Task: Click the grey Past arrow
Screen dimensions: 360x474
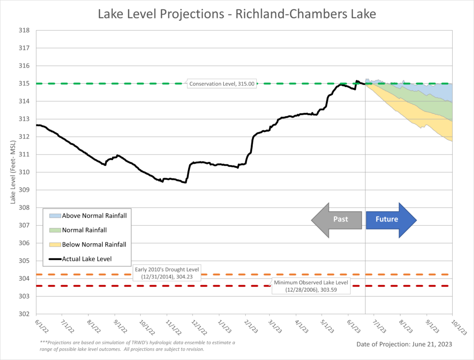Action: click(337, 219)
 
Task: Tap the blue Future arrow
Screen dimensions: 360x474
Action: click(391, 219)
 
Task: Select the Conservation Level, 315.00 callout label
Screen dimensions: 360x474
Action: click(222, 84)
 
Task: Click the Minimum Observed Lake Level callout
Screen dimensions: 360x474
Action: click(311, 286)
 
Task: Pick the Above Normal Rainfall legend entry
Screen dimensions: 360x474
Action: click(87, 215)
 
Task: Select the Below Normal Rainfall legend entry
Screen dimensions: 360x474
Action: click(87, 244)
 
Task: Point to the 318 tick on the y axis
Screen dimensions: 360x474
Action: click(24, 31)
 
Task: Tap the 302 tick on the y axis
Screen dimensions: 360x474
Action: click(24, 314)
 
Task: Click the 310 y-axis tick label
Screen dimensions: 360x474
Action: click(24, 172)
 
